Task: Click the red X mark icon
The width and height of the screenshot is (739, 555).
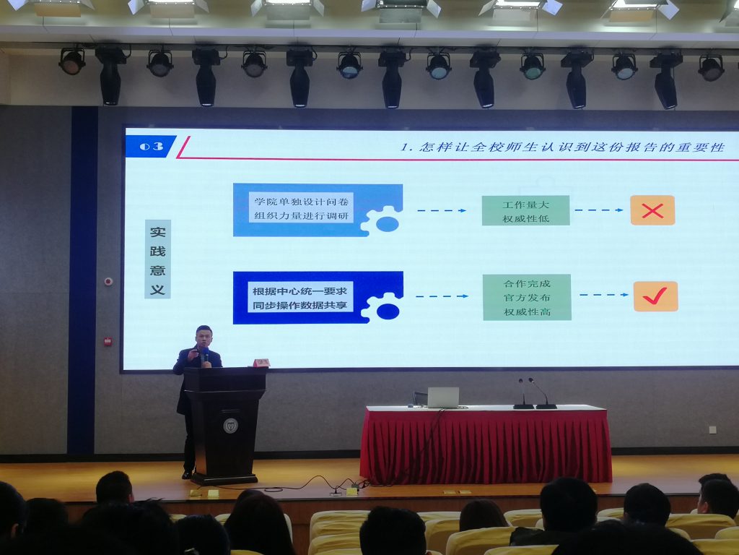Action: point(652,210)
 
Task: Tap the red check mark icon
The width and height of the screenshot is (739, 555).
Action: point(655,296)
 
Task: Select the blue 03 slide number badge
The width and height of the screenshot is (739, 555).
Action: point(151,146)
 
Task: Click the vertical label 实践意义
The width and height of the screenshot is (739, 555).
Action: point(157,259)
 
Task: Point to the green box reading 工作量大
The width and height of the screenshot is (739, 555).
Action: point(525,210)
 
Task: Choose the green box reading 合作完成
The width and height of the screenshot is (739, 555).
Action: point(527,297)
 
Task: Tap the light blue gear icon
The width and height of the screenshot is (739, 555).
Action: point(381,220)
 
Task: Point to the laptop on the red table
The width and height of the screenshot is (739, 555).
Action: point(442,398)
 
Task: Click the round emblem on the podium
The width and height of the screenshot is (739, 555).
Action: point(230,426)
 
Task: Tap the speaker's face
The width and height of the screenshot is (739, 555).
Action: point(204,338)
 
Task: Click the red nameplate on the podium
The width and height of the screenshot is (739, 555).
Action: point(261,363)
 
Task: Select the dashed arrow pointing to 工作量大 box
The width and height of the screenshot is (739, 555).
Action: point(442,210)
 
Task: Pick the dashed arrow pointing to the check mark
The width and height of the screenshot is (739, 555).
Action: point(604,295)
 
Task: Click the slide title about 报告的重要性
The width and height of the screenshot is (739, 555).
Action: point(562,147)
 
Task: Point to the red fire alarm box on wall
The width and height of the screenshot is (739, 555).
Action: point(108,341)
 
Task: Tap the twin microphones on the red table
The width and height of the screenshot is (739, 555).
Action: point(535,394)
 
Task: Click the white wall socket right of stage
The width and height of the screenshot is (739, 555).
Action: point(712,430)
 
